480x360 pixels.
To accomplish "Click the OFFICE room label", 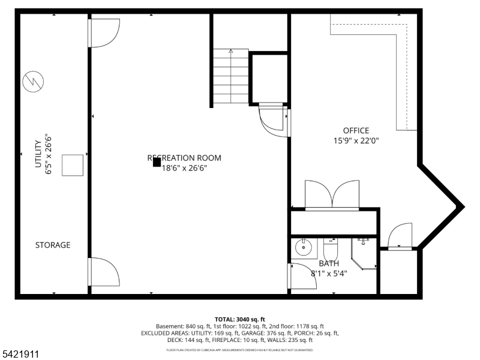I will pyautogui.click(x=356, y=130).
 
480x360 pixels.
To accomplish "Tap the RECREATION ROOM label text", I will pyautogui.click(x=184, y=158).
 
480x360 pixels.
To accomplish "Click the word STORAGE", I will pyautogui.click(x=53, y=245).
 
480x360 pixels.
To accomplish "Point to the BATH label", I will pyautogui.click(x=328, y=263).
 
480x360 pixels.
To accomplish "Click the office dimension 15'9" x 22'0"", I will pyautogui.click(x=356, y=141).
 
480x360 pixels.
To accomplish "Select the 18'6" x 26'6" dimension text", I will pyautogui.click(x=188, y=169).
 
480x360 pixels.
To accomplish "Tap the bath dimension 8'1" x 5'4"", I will pyautogui.click(x=329, y=273).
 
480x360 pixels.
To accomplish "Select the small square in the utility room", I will pyautogui.click(x=73, y=165).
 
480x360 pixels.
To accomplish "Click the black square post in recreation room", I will pyautogui.click(x=157, y=162).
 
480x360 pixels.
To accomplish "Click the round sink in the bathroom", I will pyautogui.click(x=304, y=247).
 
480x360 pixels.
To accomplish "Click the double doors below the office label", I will pyautogui.click(x=332, y=194).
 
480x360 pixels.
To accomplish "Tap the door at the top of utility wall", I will pyautogui.click(x=104, y=32).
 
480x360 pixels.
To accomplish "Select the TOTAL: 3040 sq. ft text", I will pyautogui.click(x=239, y=319).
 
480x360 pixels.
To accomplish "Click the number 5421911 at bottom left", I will pyautogui.click(x=21, y=354).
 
